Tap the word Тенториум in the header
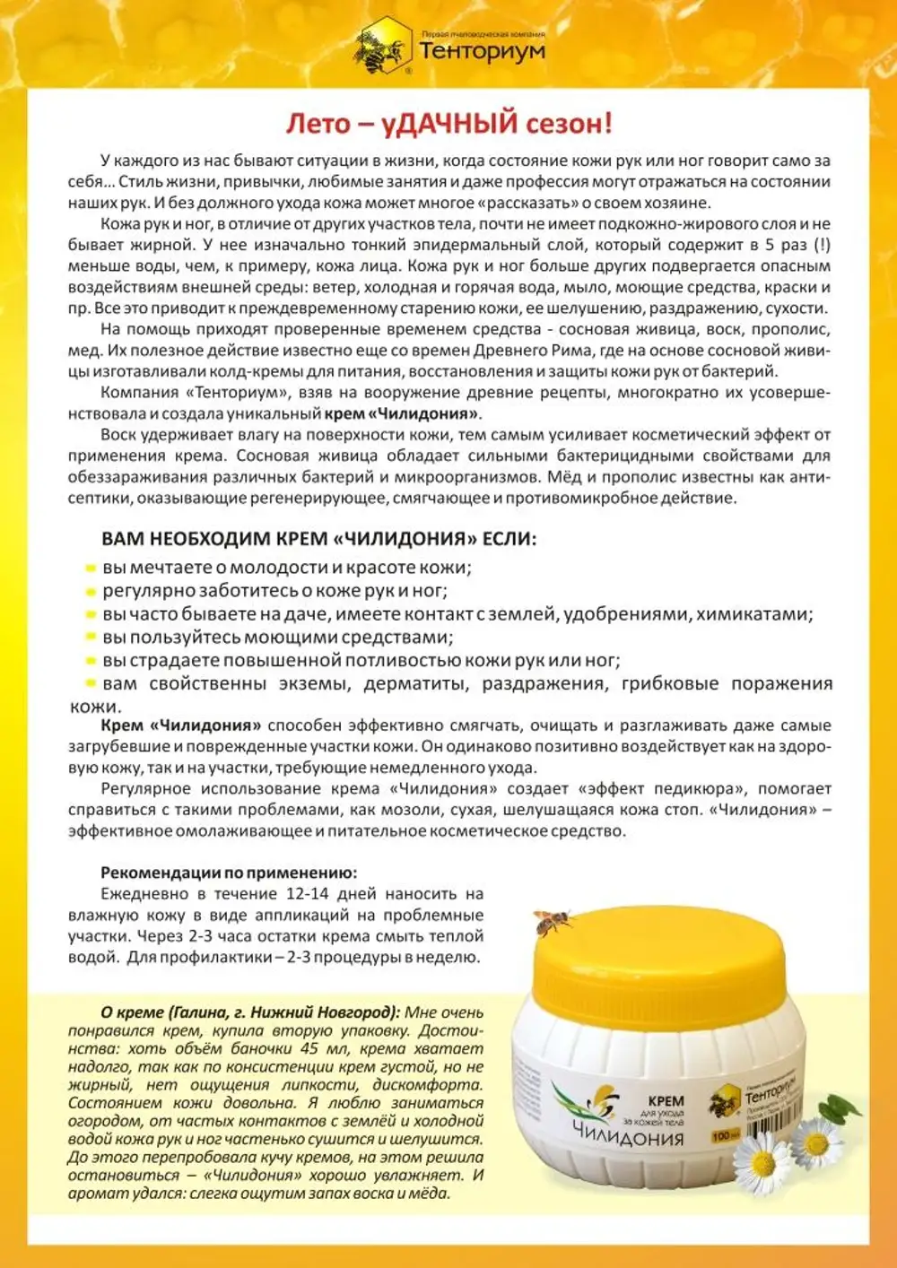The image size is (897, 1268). point(482,51)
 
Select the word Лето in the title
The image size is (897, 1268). point(317,123)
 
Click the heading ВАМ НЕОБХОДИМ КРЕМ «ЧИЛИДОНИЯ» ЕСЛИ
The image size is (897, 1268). point(318,539)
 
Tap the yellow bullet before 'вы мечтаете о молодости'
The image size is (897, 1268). point(90,569)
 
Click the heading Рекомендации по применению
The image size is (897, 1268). point(228,873)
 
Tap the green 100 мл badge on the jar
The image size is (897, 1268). point(722,1135)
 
